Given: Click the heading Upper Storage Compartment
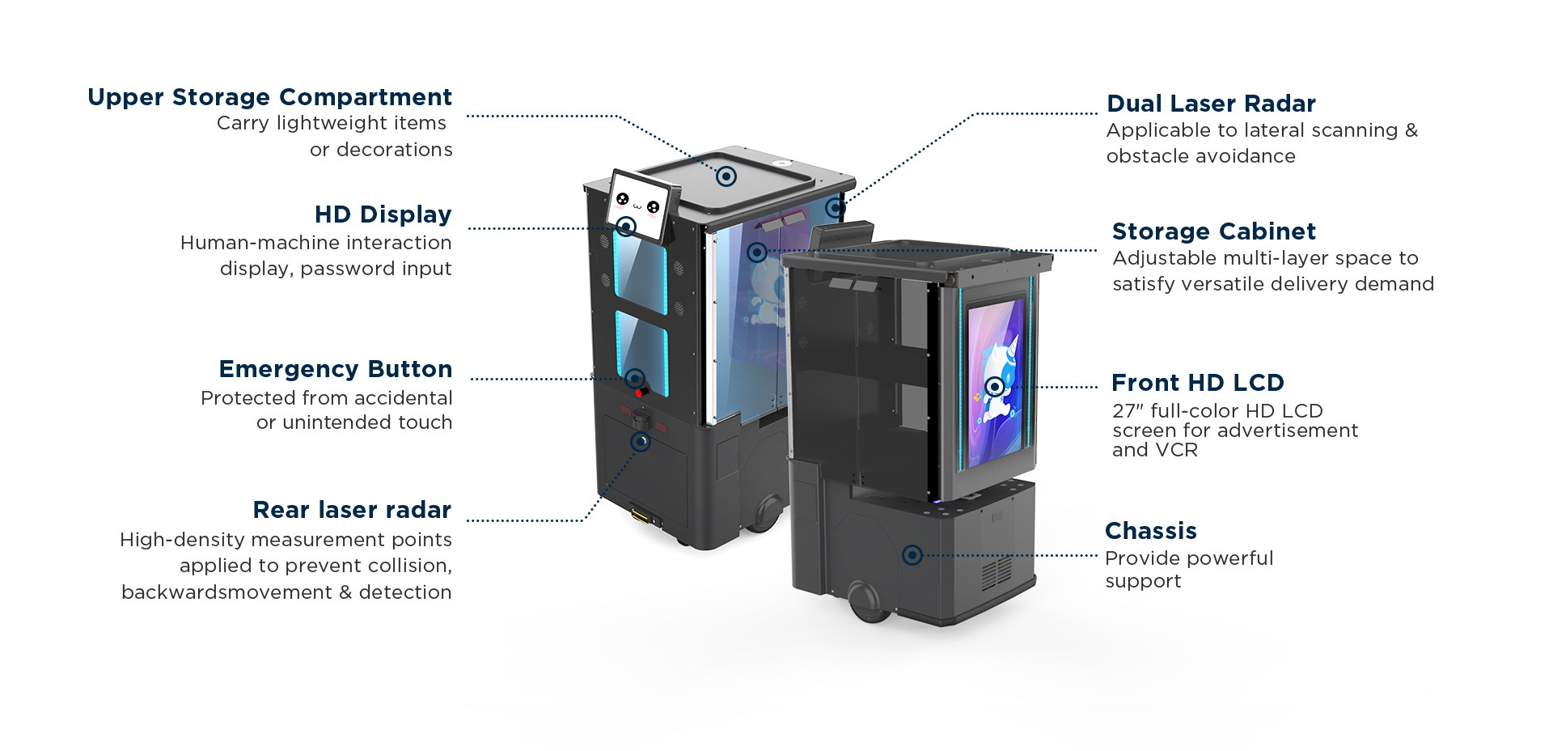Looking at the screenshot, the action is pos(269,97).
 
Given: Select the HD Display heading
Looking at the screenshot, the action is pos(383,214).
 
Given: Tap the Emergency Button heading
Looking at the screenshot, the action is pos(336,369).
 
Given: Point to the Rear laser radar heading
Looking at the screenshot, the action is pos(352,510).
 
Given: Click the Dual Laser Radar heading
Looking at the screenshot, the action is pos(1211,104).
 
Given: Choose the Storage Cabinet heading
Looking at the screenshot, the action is pos(1214,231).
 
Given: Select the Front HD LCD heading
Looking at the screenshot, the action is pos(1198,383).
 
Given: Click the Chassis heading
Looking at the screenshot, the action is pos(1150,531).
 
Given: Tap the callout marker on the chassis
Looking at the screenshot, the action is pos(912,555).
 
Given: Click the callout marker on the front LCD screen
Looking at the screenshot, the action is pos(995,387).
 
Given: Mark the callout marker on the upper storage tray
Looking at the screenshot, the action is pos(726,176).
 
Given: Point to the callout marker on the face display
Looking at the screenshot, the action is pos(625,226).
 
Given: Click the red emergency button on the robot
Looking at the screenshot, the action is pos(641,392).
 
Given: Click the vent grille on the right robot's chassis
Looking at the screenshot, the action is pos(996,573).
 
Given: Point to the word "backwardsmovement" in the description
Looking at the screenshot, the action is pos(226,592).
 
